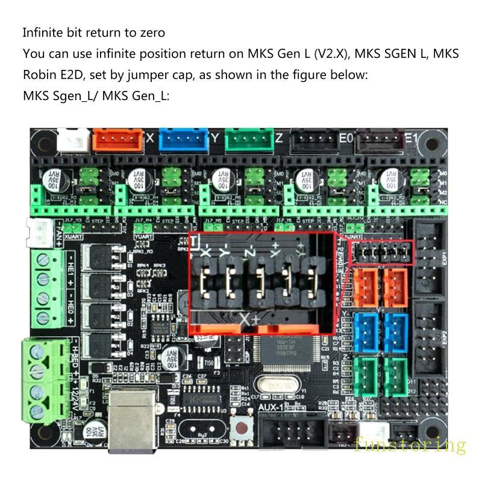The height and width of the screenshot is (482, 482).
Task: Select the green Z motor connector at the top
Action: [x=248, y=140]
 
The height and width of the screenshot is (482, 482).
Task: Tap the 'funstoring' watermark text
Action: [x=410, y=446]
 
